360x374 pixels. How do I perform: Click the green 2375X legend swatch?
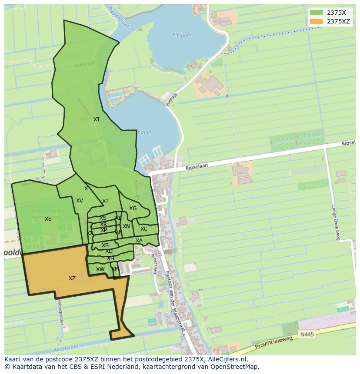coord(317,13)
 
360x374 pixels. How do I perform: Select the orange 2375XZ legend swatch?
coord(317,21)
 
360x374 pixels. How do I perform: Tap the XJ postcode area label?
coord(96,119)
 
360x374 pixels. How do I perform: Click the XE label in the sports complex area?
coord(48,219)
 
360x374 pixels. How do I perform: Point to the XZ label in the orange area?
coord(72,278)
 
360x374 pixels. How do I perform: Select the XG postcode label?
coord(133,209)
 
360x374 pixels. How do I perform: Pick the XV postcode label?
coord(80,201)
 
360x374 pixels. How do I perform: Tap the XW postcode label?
coord(100,269)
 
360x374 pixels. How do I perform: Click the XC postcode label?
coord(144,229)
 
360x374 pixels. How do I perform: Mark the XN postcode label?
coord(126,226)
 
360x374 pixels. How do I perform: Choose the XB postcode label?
coord(105,245)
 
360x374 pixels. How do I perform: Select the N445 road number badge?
coord(306,334)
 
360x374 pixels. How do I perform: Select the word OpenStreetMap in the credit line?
coord(235,367)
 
